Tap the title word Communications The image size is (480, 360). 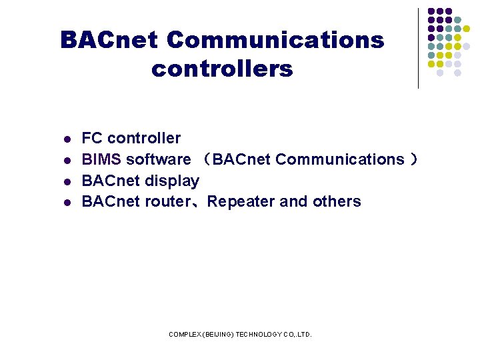275,41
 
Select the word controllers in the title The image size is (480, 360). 222,69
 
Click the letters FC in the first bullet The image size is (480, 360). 92,138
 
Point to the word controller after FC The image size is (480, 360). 144,138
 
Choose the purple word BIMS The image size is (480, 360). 101,159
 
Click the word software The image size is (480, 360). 158,159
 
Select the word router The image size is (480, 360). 163,201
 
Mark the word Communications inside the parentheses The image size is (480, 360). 339,159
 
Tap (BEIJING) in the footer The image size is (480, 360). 219,334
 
